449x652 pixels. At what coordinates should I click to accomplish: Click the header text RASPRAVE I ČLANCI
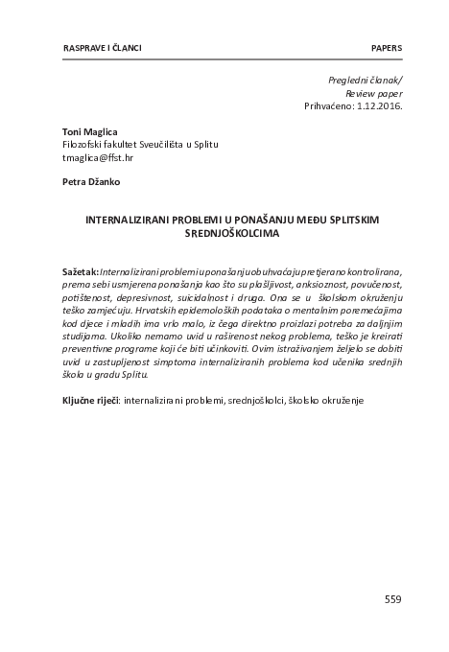(x=87, y=48)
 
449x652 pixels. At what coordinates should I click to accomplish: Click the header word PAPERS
(x=386, y=48)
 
